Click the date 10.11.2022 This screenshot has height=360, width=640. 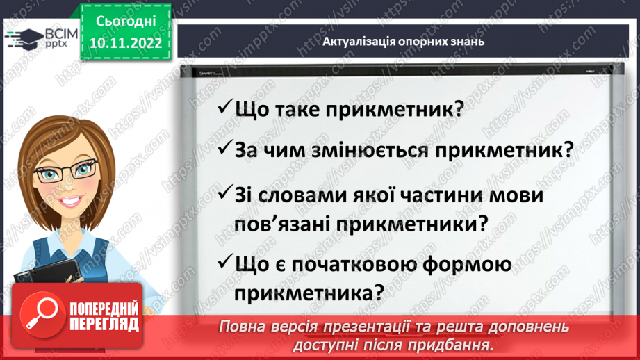click(126, 42)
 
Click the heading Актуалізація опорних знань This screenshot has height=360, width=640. click(403, 41)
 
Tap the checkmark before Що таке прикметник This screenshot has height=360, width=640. click(224, 109)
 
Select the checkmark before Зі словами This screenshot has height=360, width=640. click(224, 195)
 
